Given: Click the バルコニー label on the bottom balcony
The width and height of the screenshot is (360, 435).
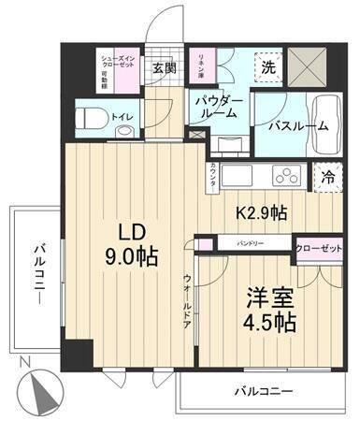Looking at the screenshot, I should click(x=266, y=390).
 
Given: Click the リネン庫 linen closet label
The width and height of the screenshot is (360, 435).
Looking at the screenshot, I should click(x=199, y=67).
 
